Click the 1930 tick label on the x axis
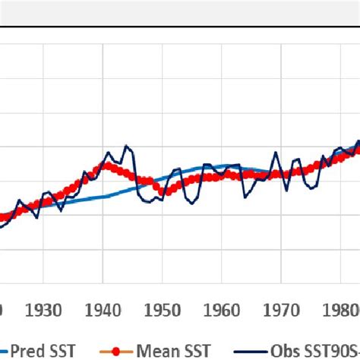(44, 311)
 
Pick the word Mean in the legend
(156, 350)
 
